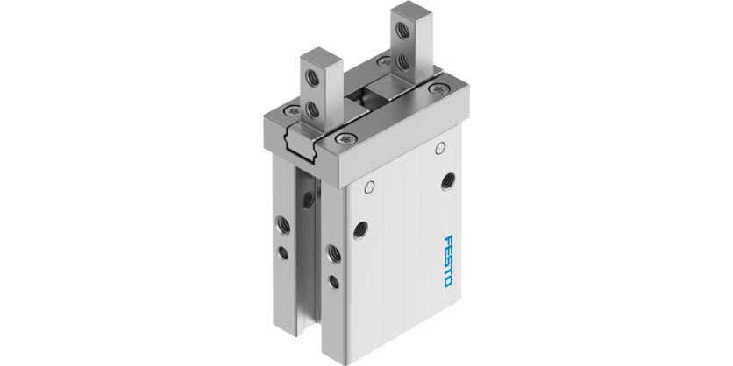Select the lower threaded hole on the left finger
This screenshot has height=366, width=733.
click(315, 109)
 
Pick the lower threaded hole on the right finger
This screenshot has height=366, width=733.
click(402, 60)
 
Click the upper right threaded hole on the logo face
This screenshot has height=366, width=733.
click(449, 180)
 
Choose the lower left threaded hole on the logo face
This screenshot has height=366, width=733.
click(358, 229)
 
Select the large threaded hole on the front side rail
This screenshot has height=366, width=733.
click(334, 254)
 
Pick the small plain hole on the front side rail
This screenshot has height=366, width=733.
click(334, 282)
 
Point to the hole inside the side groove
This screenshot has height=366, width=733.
click(307, 199)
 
